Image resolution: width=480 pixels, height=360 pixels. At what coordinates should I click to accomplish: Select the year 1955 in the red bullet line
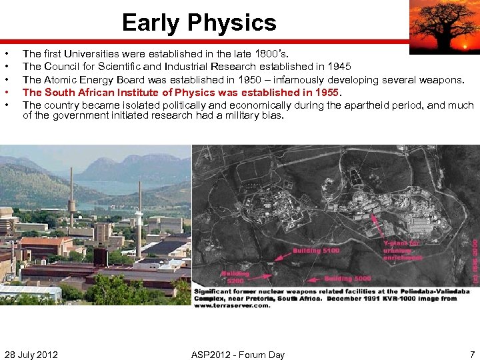(326, 92)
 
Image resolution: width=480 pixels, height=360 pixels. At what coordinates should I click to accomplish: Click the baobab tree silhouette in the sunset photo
(443, 25)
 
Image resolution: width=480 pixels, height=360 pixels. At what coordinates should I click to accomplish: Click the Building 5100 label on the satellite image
(316, 251)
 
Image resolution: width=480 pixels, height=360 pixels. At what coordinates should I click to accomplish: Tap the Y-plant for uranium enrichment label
(403, 251)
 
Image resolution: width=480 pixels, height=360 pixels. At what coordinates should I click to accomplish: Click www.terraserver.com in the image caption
(232, 305)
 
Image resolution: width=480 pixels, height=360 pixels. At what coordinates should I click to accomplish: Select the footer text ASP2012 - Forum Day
(237, 354)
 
